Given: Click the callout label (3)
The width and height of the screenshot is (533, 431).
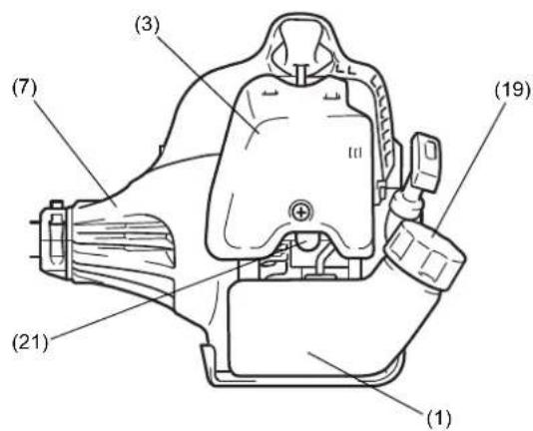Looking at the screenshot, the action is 147,26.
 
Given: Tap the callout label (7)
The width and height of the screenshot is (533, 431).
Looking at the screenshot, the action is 24,89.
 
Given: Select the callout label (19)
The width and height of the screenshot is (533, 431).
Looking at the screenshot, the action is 513,91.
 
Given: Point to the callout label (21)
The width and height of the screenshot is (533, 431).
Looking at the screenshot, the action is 30,342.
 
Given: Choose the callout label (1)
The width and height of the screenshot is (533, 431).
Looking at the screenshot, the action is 438,418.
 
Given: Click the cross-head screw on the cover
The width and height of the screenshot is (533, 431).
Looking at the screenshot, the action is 300,213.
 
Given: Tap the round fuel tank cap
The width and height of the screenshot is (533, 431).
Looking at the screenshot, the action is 425,255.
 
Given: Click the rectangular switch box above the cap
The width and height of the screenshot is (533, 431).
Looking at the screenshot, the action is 426,162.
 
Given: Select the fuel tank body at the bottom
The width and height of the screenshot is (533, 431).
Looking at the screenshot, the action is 316,328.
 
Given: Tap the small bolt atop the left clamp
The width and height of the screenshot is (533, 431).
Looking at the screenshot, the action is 57,205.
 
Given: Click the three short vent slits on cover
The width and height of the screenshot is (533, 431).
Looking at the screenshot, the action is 355,154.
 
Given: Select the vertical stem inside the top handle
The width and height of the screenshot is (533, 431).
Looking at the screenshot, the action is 301,73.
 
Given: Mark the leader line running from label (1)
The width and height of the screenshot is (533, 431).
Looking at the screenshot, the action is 365,382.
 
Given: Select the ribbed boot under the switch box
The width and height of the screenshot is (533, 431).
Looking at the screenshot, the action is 406,206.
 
